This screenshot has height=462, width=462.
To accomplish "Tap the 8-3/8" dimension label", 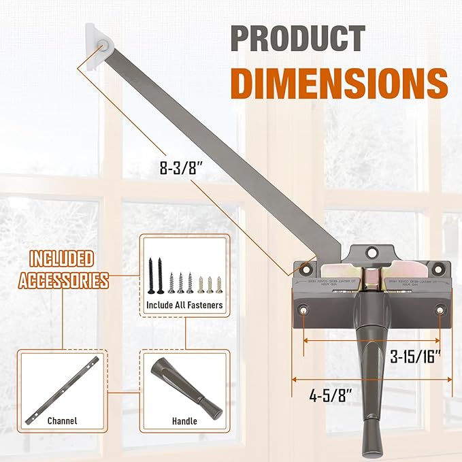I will click(x=176, y=167).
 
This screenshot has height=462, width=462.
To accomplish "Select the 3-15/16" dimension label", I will click(x=420, y=355).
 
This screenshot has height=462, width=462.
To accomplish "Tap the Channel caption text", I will click(x=62, y=421).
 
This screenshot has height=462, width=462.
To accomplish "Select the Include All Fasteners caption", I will click(x=184, y=306).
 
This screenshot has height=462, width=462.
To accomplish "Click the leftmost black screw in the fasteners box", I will click(x=150, y=274).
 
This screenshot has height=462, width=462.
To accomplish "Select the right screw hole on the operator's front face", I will click(x=440, y=311).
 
